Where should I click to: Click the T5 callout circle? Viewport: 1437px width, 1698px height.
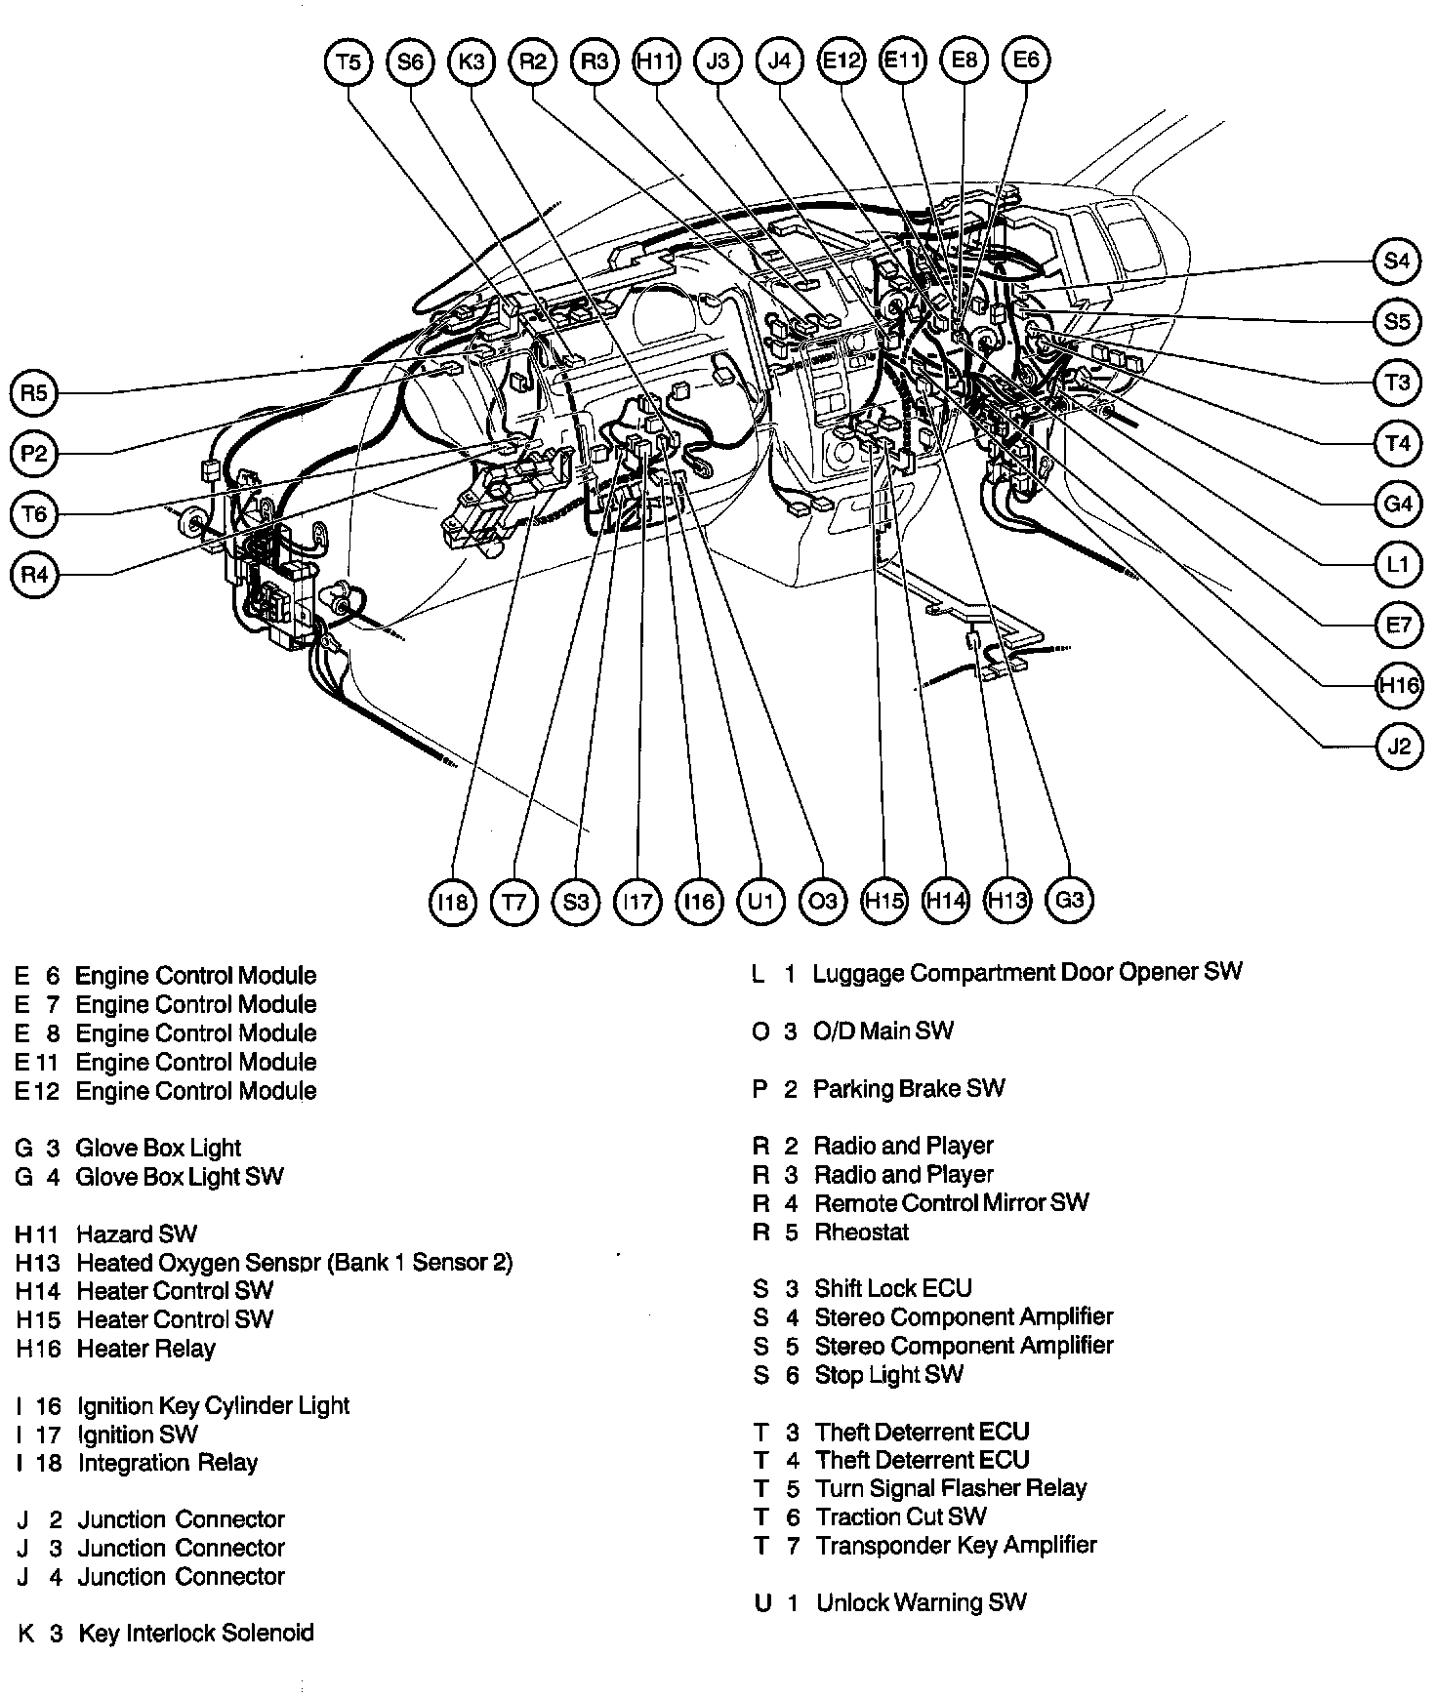[x=349, y=61]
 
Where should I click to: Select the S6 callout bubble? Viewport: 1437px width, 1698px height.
[x=410, y=61]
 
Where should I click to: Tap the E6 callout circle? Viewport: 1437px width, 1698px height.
[x=1026, y=61]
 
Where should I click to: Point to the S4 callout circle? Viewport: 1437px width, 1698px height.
[x=1397, y=261]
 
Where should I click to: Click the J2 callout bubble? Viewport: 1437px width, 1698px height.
[x=1399, y=747]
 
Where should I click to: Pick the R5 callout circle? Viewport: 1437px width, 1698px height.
[x=34, y=392]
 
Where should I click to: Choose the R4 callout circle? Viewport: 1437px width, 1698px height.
[x=34, y=575]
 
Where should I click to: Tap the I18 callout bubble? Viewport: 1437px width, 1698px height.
[x=453, y=901]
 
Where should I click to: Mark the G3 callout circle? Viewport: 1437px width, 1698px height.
[x=1069, y=899]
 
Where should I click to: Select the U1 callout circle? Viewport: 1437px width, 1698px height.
[x=760, y=901]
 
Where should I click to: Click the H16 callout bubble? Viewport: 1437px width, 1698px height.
[x=1399, y=685]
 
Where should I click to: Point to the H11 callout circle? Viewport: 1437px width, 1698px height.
[x=656, y=61]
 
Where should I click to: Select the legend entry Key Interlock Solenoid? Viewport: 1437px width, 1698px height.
[x=195, y=1633]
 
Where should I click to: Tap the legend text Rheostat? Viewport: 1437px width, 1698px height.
[x=861, y=1232]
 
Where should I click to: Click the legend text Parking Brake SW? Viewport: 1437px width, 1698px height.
[x=908, y=1088]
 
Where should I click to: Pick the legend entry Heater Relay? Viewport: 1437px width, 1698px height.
[x=145, y=1349]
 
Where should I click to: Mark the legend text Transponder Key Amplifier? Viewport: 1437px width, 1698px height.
[x=956, y=1545]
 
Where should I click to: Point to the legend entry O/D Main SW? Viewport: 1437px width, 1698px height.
[x=883, y=1031]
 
